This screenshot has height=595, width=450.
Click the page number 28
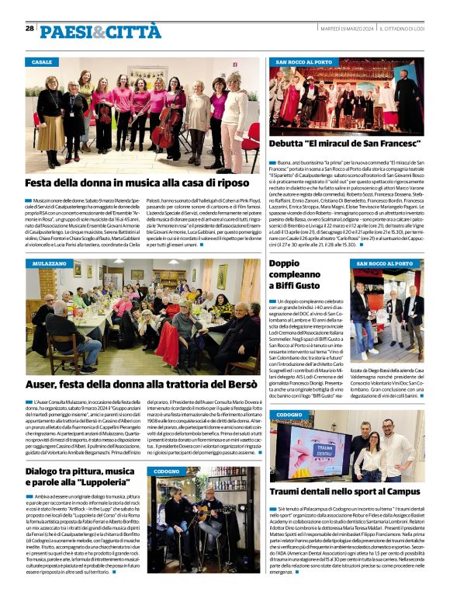(x=29, y=29)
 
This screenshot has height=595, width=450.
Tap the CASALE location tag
(x=43, y=61)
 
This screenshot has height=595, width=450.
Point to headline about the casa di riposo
(x=136, y=183)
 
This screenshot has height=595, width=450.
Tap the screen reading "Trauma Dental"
(x=321, y=451)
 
